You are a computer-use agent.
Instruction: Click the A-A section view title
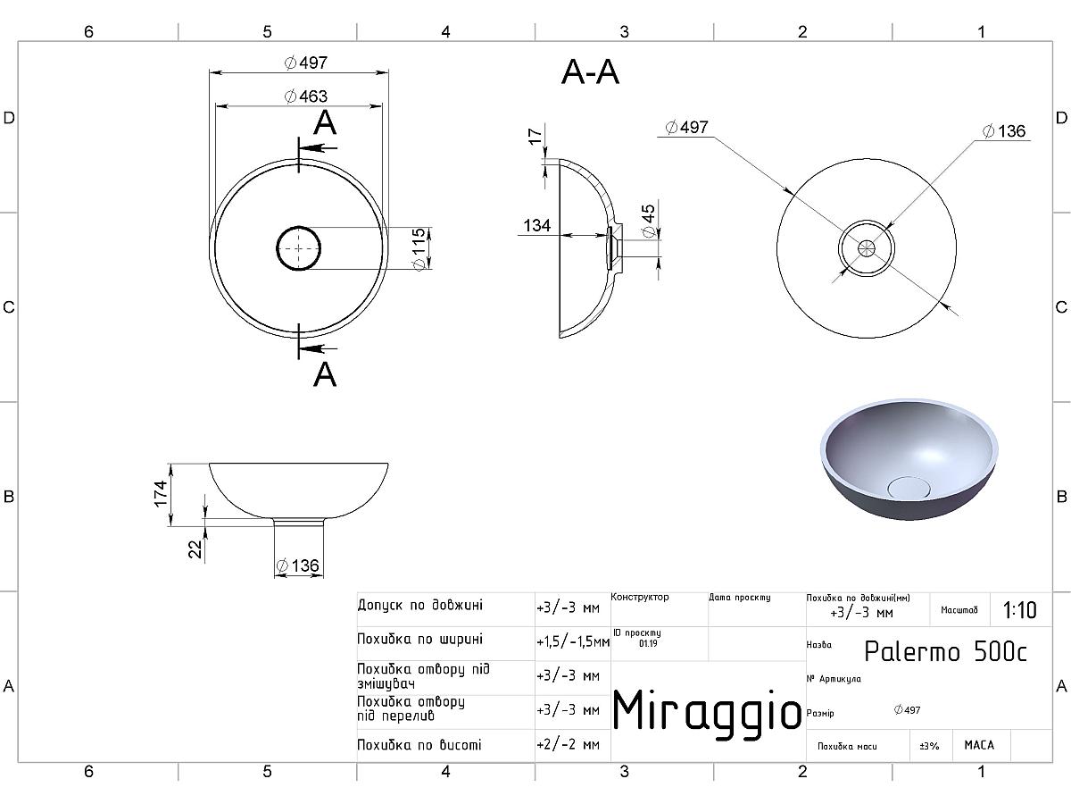coord(590,72)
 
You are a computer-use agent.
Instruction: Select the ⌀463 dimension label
coord(306,96)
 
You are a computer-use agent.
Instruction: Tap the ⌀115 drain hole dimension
coord(419,249)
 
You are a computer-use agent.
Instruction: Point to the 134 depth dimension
coord(536,225)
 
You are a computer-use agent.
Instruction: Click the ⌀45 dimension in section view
coord(648,222)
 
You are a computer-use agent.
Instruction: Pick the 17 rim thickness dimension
coord(535,137)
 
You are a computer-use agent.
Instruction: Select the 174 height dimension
coord(160,494)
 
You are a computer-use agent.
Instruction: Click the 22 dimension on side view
coord(195,549)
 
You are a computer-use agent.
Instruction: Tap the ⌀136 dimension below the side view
coord(297,565)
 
